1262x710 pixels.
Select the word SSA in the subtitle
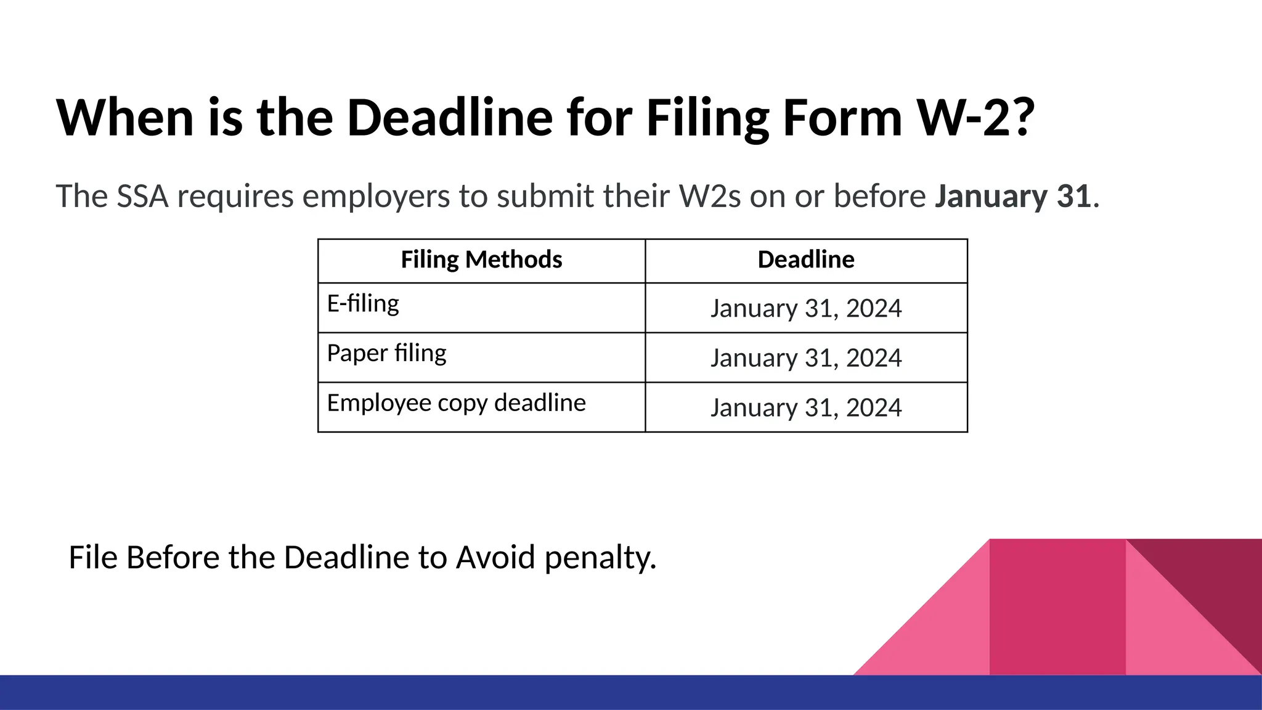(142, 197)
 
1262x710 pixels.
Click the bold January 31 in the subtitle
(1013, 197)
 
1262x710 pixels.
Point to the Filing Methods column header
(481, 260)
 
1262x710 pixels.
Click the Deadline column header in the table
(806, 260)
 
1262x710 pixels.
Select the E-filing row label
(363, 304)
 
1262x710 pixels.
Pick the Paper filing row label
(386, 354)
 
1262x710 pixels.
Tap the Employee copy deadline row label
(456, 403)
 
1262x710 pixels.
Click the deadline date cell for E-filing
(806, 308)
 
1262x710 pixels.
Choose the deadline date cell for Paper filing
(806, 358)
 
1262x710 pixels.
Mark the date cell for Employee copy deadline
(806, 408)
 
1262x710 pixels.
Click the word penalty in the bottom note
(600, 558)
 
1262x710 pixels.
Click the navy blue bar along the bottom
(631, 693)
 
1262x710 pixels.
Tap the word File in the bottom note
(92, 557)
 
